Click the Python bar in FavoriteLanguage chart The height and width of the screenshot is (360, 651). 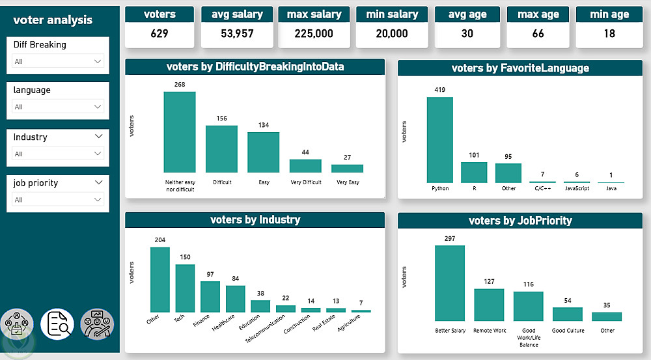pyautogui.click(x=439, y=140)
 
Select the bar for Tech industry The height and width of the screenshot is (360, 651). pyautogui.click(x=185, y=288)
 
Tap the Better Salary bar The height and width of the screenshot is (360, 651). pyautogui.click(x=450, y=283)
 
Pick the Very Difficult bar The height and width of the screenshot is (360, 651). pyautogui.click(x=305, y=166)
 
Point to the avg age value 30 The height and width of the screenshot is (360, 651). pyautogui.click(x=467, y=34)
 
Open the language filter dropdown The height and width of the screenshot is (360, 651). pyautogui.click(x=58, y=107)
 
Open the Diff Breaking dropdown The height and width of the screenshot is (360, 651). pyautogui.click(x=58, y=61)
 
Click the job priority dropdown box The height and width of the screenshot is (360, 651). pyautogui.click(x=58, y=200)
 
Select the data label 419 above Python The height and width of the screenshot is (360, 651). pyautogui.click(x=439, y=90)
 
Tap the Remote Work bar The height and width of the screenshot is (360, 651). pyautogui.click(x=490, y=305)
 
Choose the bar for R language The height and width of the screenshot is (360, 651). pyautogui.click(x=474, y=173)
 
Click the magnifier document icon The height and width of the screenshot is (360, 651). pyautogui.click(x=57, y=324)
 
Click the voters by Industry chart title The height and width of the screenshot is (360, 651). pyautogui.click(x=255, y=220)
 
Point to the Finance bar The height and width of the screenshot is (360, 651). pyautogui.click(x=210, y=297)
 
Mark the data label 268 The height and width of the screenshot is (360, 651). pyautogui.click(x=180, y=85)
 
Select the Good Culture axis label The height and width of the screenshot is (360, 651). pyautogui.click(x=568, y=331)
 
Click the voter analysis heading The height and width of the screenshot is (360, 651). pyautogui.click(x=53, y=20)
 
